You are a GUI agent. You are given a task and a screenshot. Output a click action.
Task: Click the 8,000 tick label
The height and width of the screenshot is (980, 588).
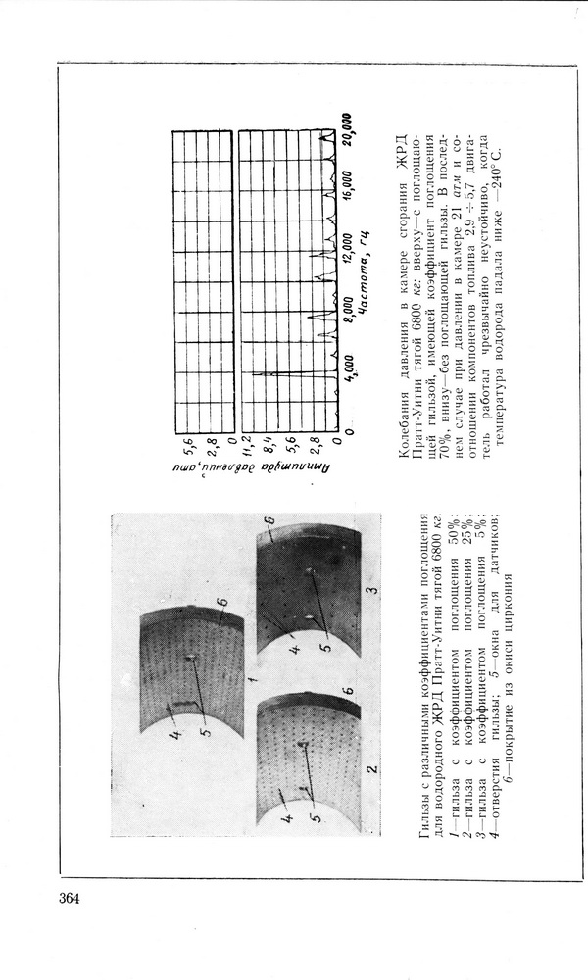point(345,314)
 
